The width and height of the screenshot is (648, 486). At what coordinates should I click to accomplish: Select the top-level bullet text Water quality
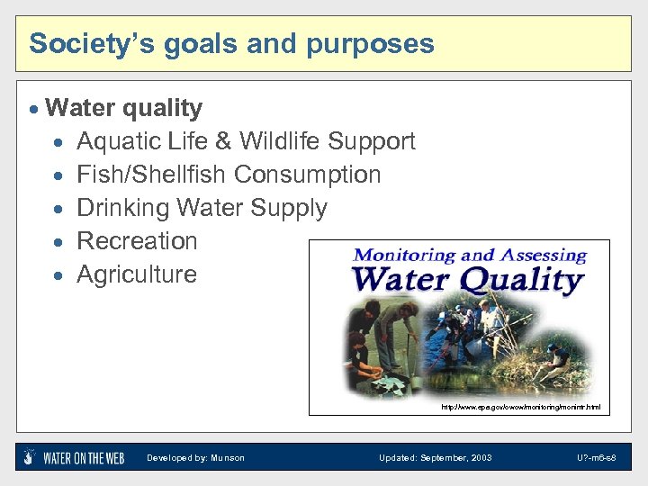click(123, 108)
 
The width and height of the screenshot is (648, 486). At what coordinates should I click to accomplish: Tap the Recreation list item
click(137, 241)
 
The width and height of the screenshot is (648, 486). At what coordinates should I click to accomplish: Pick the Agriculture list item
click(137, 274)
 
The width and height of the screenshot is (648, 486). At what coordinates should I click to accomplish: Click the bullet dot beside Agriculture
click(58, 275)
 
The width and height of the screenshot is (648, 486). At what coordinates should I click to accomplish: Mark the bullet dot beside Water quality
click(34, 109)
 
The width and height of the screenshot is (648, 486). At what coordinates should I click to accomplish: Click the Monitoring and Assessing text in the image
click(469, 256)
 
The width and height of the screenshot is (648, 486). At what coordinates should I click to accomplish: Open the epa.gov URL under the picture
click(520, 408)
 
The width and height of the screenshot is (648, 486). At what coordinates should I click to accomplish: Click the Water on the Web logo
click(74, 457)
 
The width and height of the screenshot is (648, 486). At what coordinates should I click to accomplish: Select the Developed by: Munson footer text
click(195, 458)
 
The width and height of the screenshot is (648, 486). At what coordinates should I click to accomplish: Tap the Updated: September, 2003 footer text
click(435, 458)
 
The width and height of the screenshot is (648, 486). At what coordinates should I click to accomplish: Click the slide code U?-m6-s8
click(597, 458)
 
